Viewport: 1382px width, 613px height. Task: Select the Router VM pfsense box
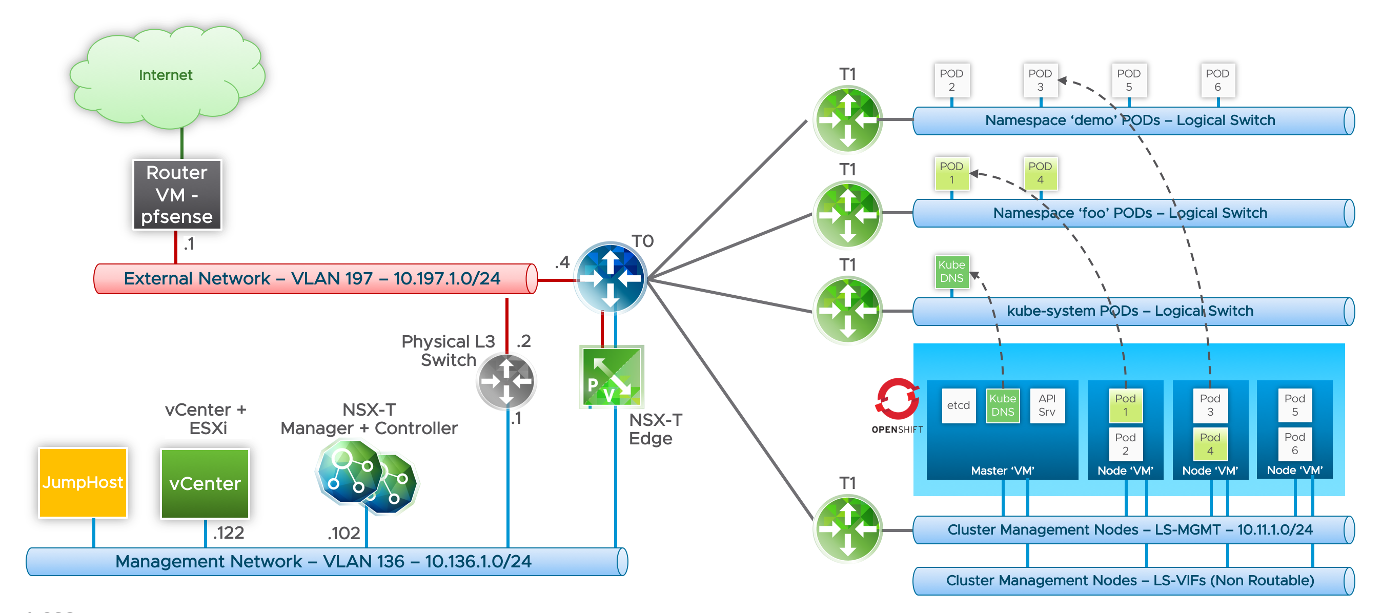pos(177,195)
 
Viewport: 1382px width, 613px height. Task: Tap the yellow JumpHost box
pos(83,482)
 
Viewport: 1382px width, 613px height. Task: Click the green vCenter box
pos(205,483)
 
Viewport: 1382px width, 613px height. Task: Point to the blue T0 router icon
pos(610,278)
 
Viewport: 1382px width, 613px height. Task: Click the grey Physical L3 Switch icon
pos(506,381)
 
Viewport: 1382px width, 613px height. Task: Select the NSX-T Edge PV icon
pos(612,377)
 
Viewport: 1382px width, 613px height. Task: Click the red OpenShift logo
pos(897,400)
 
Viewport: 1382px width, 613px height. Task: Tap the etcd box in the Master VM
pos(958,405)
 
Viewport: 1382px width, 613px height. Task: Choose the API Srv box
pos(1047,405)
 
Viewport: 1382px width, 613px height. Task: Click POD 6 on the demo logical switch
pos(1217,80)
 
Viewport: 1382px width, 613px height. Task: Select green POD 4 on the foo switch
pos(1040,173)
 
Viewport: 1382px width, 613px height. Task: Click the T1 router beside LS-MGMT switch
pos(847,529)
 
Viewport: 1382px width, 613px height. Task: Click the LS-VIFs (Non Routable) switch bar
pos(1132,581)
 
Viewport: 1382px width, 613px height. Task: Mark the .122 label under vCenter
pos(229,533)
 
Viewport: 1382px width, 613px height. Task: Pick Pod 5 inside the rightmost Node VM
pos(1294,405)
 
